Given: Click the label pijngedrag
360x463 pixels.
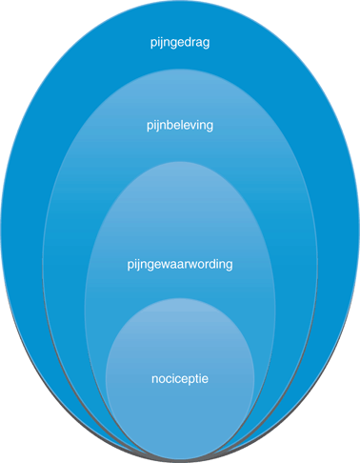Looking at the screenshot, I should click(x=179, y=43).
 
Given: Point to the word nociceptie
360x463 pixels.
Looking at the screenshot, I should click(x=179, y=378).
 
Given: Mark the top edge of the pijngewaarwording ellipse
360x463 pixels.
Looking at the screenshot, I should click(x=179, y=162).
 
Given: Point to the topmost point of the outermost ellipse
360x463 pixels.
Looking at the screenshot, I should click(x=179, y=5).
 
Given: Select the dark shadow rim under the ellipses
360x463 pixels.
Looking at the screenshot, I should click(x=179, y=457).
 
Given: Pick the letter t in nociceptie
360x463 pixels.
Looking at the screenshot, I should click(x=194, y=378).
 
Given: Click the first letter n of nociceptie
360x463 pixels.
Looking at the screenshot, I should click(x=154, y=379).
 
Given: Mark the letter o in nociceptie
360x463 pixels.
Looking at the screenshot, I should click(x=161, y=379).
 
